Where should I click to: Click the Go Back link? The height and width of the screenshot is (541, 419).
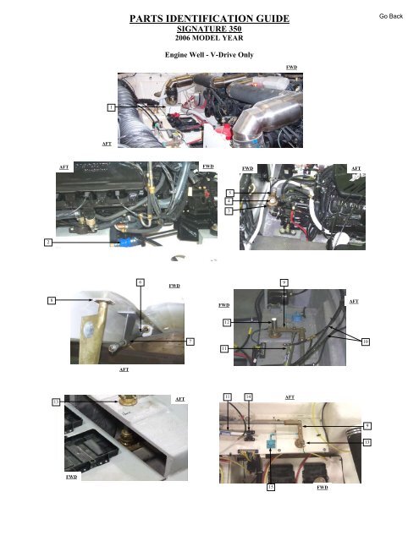390,16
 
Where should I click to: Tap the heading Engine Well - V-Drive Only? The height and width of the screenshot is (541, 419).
208,52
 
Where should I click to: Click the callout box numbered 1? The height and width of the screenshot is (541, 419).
110,107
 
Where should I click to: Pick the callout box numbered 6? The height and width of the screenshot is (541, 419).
141,281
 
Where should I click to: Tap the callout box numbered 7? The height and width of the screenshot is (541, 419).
190,341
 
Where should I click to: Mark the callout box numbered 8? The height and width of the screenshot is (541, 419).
52,299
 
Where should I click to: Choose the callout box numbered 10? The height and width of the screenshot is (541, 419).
366,342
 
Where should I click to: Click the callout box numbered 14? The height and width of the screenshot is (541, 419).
248,396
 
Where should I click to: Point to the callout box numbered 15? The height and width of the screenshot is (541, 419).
271,488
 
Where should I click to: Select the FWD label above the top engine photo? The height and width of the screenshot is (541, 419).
291,65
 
